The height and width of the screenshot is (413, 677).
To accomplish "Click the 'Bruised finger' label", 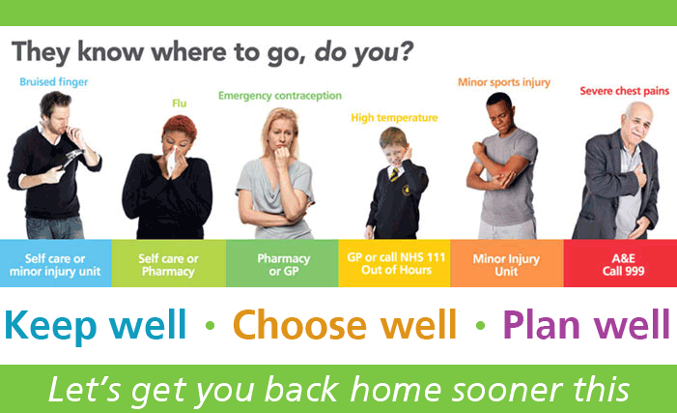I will click(54, 81).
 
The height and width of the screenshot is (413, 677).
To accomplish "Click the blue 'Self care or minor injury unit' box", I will click(55, 264).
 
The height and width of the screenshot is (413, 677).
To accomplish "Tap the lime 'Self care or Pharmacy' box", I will click(168, 264).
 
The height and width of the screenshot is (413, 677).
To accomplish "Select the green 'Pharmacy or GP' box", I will click(283, 264).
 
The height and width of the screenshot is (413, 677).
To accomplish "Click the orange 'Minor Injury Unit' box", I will click(507, 264).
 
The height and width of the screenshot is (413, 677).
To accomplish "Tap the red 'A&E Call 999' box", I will click(620, 264).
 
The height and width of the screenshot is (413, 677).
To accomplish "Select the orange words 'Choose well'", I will click(344, 324).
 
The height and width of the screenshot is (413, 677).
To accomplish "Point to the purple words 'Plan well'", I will click(585, 324).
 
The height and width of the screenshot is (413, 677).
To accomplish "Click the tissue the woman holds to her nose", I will click(173, 160).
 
